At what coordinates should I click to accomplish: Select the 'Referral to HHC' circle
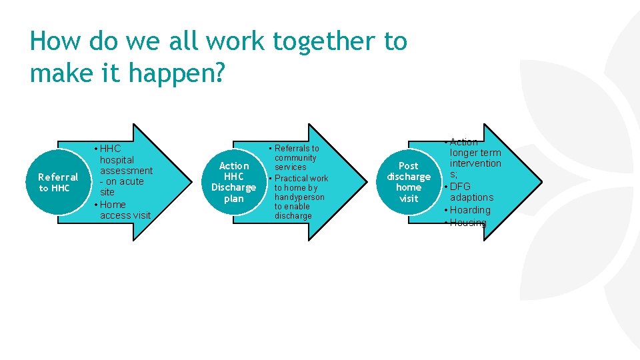point(59,182)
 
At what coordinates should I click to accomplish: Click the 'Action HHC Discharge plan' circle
point(233,182)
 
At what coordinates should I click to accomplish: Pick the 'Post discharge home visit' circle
point(408,182)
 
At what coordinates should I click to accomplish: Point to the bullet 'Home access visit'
point(125,210)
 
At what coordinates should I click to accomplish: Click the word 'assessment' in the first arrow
point(126,171)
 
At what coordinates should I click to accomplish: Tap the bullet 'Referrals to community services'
point(296,157)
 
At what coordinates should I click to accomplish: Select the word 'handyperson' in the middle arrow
point(299,197)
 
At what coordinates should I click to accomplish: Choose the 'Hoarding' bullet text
point(470,210)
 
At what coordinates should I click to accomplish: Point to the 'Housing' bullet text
point(468,223)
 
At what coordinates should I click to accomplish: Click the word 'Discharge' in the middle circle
point(233,187)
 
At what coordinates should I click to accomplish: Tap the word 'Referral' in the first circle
point(58,177)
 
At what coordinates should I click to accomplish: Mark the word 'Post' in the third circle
point(409,165)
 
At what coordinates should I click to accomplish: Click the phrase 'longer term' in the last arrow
point(477,153)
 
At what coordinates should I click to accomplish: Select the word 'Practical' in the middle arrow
point(291,178)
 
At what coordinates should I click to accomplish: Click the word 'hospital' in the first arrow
point(117,160)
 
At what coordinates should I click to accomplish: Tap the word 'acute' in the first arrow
point(131,181)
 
